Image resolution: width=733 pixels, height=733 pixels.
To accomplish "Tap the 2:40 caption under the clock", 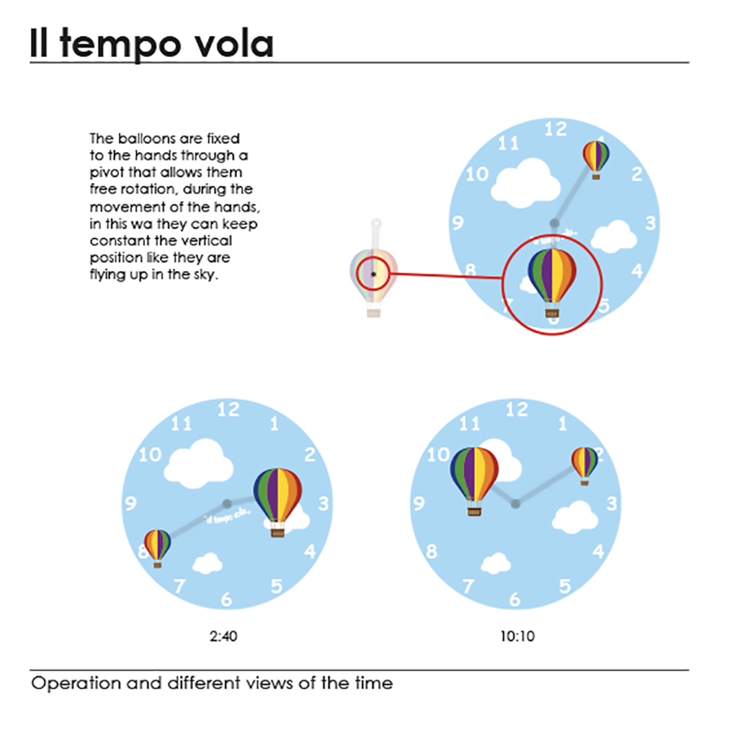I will pos(223,636).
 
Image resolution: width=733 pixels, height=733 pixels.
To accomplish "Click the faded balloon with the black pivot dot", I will pos(373,274).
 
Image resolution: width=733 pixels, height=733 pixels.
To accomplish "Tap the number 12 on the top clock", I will pos(555,128).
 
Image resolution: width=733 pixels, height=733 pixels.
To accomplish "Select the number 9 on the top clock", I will pos(457,222).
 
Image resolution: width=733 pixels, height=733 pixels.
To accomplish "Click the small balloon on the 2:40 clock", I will pos(157,545).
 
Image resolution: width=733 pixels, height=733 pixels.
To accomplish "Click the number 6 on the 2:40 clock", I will pos(226,600).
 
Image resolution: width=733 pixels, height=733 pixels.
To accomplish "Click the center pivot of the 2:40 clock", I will pos(226,503).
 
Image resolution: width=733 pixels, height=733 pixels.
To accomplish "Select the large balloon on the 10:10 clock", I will pos(474,475).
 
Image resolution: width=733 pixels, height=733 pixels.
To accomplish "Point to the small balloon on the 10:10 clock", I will pos(584,463).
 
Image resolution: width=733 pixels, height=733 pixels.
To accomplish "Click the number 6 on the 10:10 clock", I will pos(515,600).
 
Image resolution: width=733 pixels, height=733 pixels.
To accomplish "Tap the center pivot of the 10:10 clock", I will pos(515,504).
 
